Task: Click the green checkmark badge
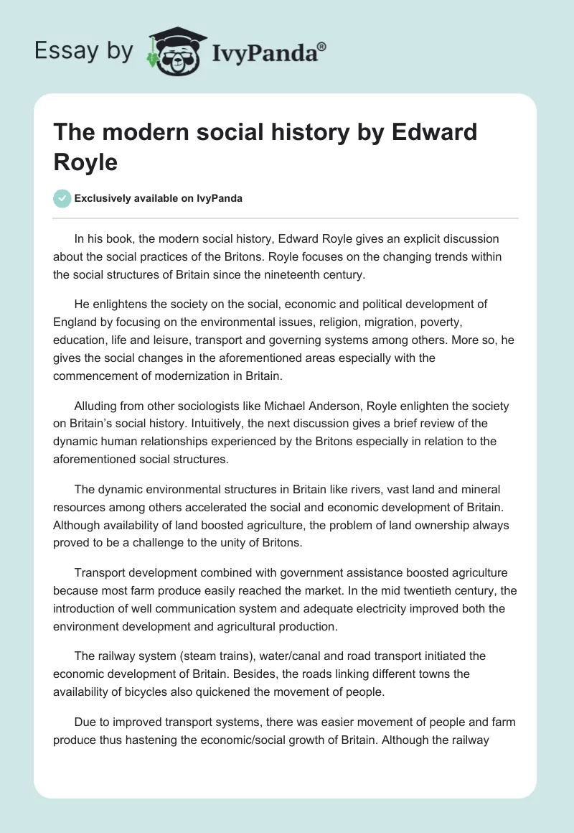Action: (x=62, y=198)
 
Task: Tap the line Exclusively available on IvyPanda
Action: (x=160, y=198)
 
